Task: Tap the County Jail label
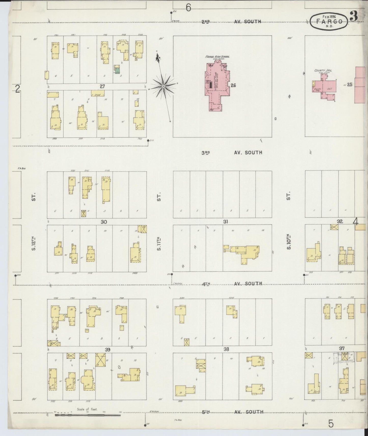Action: [x=323, y=71]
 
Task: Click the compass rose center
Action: [x=163, y=87]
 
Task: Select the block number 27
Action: [x=102, y=86]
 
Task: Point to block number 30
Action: [x=104, y=222]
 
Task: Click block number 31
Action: [x=225, y=222]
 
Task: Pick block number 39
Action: [x=107, y=349]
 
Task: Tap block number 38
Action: [x=226, y=349]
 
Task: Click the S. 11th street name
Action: [x=159, y=243]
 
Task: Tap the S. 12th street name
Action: [x=34, y=244]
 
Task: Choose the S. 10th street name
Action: [x=289, y=244]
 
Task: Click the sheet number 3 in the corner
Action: [x=353, y=17]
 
